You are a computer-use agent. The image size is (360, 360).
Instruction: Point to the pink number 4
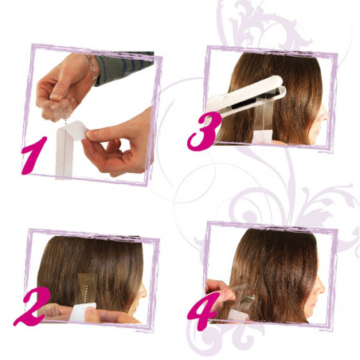200,305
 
